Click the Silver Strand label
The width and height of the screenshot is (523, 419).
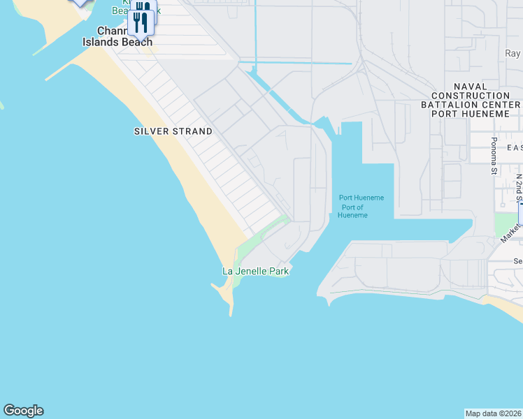[x=173, y=131]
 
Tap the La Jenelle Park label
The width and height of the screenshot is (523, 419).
[x=255, y=271]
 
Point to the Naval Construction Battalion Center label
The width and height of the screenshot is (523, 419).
[x=475, y=104]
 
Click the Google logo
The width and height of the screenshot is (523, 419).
[x=23, y=411]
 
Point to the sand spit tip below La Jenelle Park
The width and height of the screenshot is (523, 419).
[x=229, y=311]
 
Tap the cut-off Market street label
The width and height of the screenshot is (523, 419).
[x=510, y=231]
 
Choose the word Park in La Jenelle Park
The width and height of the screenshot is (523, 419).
[x=278, y=271]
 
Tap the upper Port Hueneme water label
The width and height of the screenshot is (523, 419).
[x=361, y=198]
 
